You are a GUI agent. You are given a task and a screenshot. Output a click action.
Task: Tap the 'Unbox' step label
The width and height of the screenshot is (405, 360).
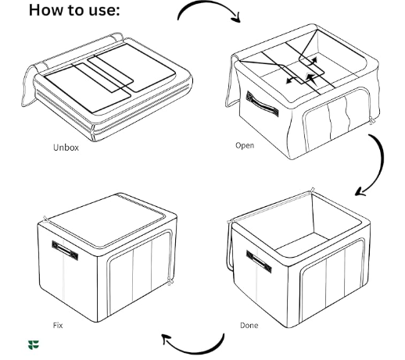click(x=66, y=147)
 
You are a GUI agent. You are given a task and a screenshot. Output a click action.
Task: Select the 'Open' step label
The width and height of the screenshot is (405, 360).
click(x=245, y=145)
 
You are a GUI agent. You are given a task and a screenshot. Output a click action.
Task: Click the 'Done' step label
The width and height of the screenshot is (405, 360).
click(x=249, y=324)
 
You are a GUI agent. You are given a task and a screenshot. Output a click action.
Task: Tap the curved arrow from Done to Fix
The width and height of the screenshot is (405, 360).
click(x=192, y=343)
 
